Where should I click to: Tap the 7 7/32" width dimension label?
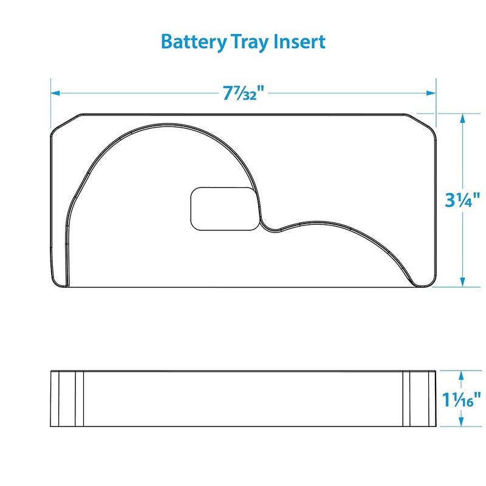pyautogui.click(x=243, y=94)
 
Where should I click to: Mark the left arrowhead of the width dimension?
pyautogui.click(x=55, y=94)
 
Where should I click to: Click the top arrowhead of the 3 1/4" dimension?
pyautogui.click(x=464, y=118)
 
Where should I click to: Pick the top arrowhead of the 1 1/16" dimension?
pyautogui.click(x=464, y=374)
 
